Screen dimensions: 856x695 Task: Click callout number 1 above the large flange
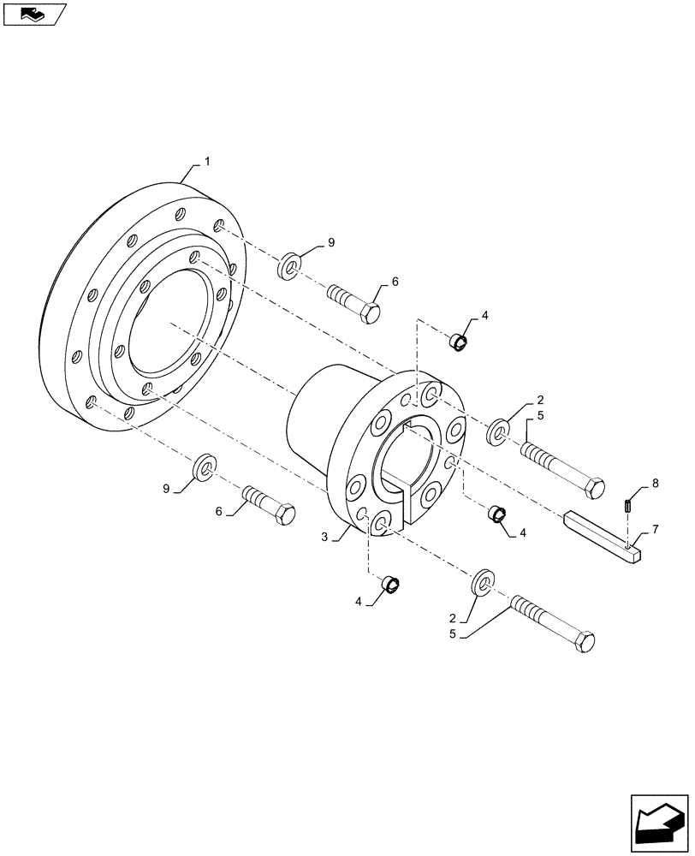click(205, 161)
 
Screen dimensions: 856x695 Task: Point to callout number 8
click(655, 484)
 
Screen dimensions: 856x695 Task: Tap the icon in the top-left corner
click(34, 14)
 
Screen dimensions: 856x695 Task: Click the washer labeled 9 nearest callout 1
click(288, 266)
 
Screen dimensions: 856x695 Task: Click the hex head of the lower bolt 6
click(283, 515)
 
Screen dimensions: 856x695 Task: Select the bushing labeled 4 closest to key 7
click(496, 514)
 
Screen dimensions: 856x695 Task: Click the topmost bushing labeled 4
click(460, 342)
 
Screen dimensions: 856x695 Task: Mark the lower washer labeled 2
click(482, 581)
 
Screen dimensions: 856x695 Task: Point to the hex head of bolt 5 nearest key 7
click(592, 488)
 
